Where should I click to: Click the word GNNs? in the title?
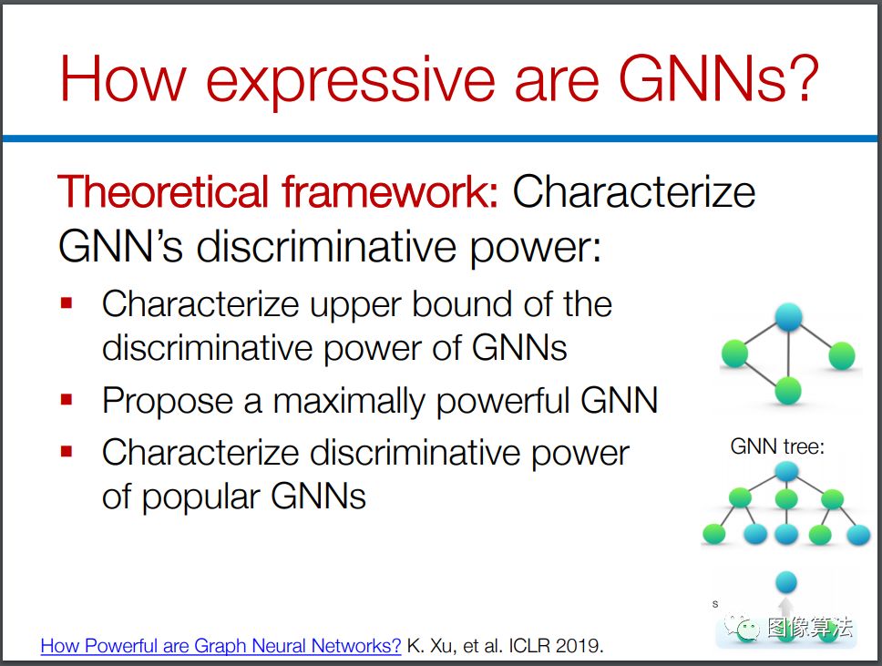click(718, 77)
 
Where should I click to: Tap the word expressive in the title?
click(351, 82)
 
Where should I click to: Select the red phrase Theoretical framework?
click(278, 191)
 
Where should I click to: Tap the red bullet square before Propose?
click(67, 400)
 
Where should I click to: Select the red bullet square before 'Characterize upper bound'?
click(67, 303)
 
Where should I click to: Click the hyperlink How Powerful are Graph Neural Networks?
click(220, 645)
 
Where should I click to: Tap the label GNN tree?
click(777, 446)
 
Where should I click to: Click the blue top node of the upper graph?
click(788, 317)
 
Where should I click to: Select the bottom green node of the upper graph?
click(787, 390)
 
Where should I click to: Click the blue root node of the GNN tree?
click(785, 471)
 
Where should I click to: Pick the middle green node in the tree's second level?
click(785, 499)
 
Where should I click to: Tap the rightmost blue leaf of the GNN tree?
click(858, 535)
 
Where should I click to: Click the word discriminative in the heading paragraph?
click(325, 247)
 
